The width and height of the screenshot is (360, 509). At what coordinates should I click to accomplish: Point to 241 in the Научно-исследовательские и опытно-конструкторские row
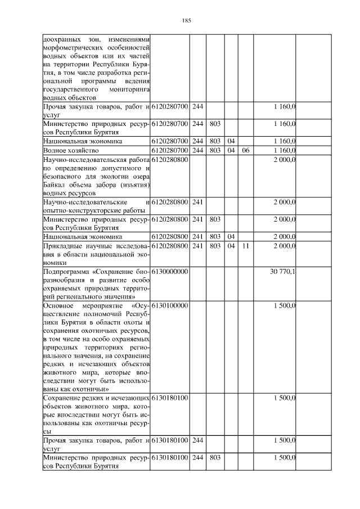(197, 201)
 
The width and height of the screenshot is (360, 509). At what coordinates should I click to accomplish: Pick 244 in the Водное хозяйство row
(197, 151)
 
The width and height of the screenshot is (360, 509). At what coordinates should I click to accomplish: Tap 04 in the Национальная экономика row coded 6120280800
(231, 236)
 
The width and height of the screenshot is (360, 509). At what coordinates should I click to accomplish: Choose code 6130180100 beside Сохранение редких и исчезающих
(169, 398)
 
